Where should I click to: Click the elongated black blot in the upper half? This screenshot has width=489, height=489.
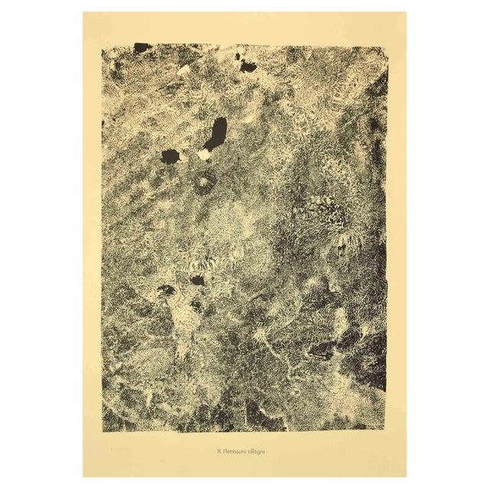pyautogui.click(x=215, y=134)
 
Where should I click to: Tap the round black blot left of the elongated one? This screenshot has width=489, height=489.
pyautogui.click(x=170, y=156)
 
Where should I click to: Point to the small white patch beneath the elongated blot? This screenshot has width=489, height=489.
pyautogui.click(x=204, y=154)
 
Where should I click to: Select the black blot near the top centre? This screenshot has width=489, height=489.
pyautogui.click(x=248, y=66)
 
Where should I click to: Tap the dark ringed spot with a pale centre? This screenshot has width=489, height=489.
pyautogui.click(x=204, y=183)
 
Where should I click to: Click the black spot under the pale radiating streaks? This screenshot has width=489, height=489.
pyautogui.click(x=197, y=280)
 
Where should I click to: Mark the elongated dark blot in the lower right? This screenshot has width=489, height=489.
pyautogui.click(x=321, y=351)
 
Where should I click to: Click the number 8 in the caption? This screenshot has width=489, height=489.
pyautogui.click(x=219, y=451)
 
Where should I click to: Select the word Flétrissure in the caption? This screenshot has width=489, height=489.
pyautogui.click(x=236, y=451)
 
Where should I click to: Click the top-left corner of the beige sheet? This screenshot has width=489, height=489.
pyautogui.click(x=83, y=11)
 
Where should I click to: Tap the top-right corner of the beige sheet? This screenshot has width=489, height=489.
pyautogui.click(x=406, y=11)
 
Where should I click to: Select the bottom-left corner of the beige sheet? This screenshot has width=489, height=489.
pyautogui.click(x=83, y=477)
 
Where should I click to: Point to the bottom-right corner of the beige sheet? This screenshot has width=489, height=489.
pyautogui.click(x=406, y=477)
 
